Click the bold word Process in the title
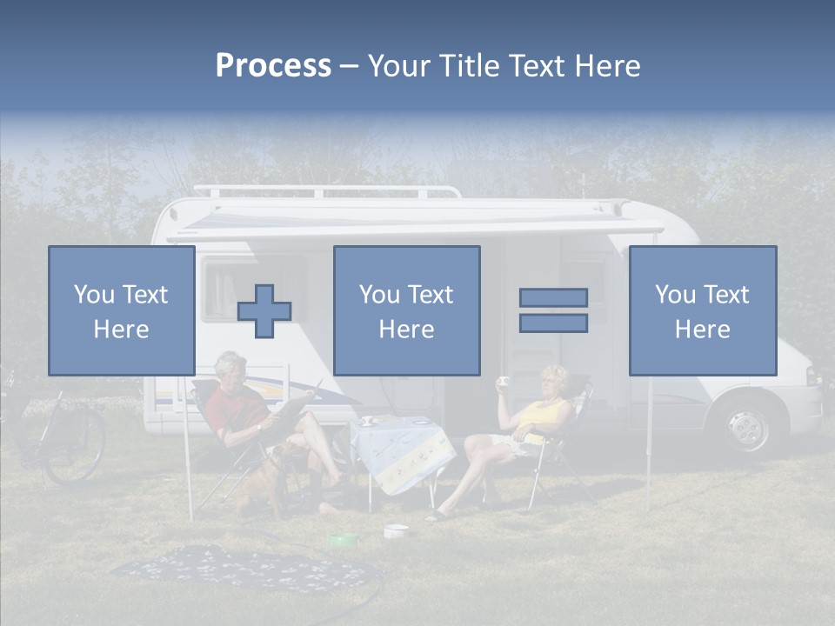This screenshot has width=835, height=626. coord(273,65)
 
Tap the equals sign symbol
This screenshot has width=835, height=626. coord(553,310)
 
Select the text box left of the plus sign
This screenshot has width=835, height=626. coord(122,310)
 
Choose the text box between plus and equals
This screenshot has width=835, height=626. coord(407,310)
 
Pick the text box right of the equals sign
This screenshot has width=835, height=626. coord(703,310)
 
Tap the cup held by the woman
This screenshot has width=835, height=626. coord(503,382)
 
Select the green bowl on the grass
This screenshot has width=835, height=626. coord(343,540)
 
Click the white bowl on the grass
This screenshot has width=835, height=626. coord(396,529)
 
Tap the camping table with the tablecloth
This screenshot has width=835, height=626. coord(400,452)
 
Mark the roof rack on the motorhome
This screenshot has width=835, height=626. coord(326,190)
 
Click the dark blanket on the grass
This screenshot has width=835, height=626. coord(244,569)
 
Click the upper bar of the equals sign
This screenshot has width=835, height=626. coord(553,297)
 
